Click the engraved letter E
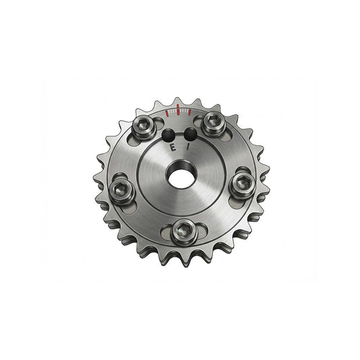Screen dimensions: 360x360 coord(173,148)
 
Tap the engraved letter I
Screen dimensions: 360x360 coord(188,147)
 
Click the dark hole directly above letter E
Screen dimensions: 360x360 coord(168,135)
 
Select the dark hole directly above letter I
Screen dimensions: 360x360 coord(190,134)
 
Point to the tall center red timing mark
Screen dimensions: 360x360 coord(178,109)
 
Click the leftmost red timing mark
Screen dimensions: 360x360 coord(167,113)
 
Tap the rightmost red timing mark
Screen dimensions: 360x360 coord(190,112)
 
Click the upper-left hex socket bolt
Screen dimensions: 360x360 coord(144,126)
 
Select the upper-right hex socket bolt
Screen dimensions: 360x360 coord(213,124)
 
